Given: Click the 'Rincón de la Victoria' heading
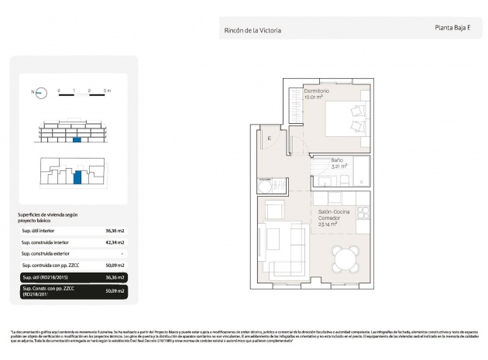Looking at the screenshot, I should pyautogui.click(x=252, y=31).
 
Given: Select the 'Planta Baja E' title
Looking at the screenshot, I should pyautogui.click(x=453, y=28).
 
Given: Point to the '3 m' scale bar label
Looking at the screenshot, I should pyautogui.click(x=107, y=91).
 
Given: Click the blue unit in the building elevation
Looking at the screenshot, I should pyautogui.click(x=75, y=140).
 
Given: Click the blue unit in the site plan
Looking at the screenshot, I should pyautogui.click(x=77, y=177).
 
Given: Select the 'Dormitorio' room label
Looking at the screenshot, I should pyautogui.click(x=317, y=91).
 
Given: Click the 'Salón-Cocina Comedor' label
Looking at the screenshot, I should pyautogui.click(x=335, y=214).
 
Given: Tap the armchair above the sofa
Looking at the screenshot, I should pyautogui.click(x=275, y=209).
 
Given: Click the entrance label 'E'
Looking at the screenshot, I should pyautogui.click(x=270, y=139).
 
